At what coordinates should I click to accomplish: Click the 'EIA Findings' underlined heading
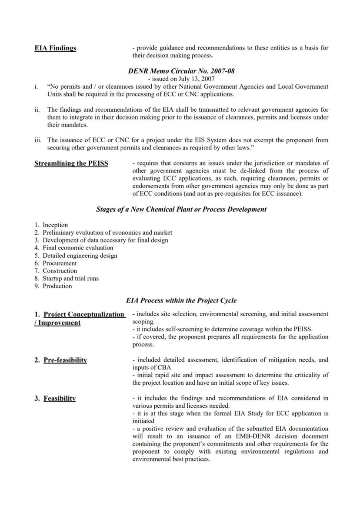click(55, 48)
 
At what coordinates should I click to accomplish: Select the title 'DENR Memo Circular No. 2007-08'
click(181, 71)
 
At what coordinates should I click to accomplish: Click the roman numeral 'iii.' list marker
click(38, 140)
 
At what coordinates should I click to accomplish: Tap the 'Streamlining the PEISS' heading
click(71, 163)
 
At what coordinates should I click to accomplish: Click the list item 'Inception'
click(55, 225)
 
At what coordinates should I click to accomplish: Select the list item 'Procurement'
click(60, 263)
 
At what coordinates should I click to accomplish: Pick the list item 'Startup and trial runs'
click(70, 278)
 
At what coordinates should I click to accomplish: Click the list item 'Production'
click(57, 286)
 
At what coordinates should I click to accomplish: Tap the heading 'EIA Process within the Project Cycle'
click(181, 300)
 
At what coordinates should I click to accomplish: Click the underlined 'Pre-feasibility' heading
click(65, 360)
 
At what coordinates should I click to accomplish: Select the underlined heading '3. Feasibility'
click(55, 398)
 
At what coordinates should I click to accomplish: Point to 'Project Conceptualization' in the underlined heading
click(84, 314)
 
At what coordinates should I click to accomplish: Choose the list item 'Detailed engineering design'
click(80, 256)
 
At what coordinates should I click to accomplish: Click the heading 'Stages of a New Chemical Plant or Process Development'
click(181, 209)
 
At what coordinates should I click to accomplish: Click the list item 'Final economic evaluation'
click(78, 248)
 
